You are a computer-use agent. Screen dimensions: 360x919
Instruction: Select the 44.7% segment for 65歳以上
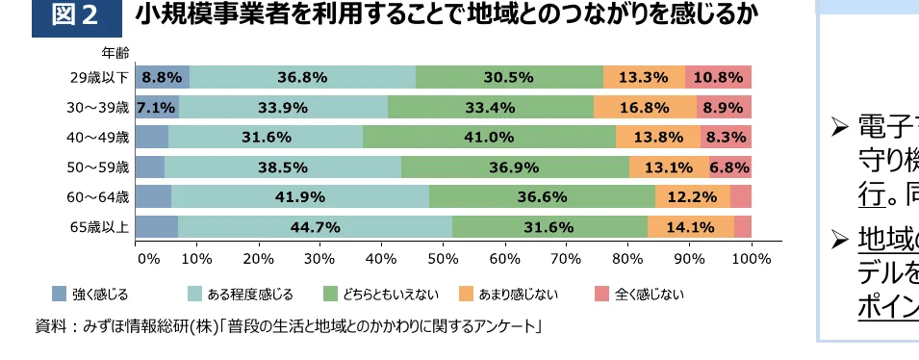click(315, 227)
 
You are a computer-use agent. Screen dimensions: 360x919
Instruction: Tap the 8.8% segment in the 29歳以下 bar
click(162, 77)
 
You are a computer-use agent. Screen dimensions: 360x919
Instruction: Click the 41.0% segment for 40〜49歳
click(489, 137)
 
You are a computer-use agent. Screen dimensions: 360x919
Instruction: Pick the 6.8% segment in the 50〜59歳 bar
click(729, 167)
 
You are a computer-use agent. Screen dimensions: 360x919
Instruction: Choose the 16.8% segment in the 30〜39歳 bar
click(645, 107)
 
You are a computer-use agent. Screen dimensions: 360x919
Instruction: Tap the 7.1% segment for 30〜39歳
click(156, 107)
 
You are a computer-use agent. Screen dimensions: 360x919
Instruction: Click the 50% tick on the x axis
click(443, 258)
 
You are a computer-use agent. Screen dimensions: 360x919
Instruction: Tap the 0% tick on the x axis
click(147, 258)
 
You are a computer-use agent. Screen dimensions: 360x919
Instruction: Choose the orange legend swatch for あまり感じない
click(467, 294)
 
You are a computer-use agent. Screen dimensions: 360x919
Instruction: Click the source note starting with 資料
click(289, 326)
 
